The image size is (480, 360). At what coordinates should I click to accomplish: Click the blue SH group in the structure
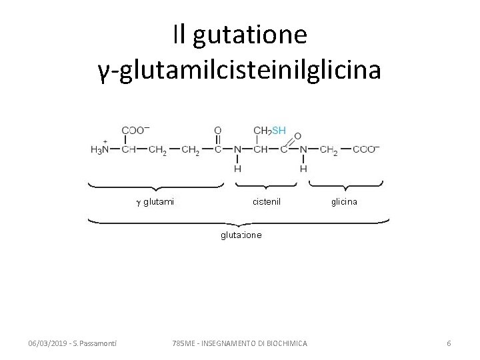coord(278,130)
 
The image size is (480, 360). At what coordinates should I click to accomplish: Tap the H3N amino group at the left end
coord(100,150)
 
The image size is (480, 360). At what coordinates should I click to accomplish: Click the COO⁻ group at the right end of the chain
coord(366,150)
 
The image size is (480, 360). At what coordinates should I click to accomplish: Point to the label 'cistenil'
coord(267,201)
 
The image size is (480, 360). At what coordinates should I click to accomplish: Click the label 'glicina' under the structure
coord(344,201)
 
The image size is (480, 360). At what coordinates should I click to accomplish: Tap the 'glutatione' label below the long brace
coord(241,235)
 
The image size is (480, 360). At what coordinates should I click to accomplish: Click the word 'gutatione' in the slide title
coord(249,35)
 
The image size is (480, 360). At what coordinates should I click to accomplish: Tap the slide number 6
coord(449,343)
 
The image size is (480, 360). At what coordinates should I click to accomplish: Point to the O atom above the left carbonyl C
coord(217,130)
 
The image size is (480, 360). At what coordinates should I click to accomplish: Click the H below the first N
coord(238,169)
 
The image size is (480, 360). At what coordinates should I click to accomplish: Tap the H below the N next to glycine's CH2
coord(303,169)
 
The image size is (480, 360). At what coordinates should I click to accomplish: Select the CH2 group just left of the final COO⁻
coord(329,151)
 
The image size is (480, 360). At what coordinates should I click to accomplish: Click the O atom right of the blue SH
coord(297,135)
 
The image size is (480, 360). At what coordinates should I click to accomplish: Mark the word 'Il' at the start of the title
coord(178,35)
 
